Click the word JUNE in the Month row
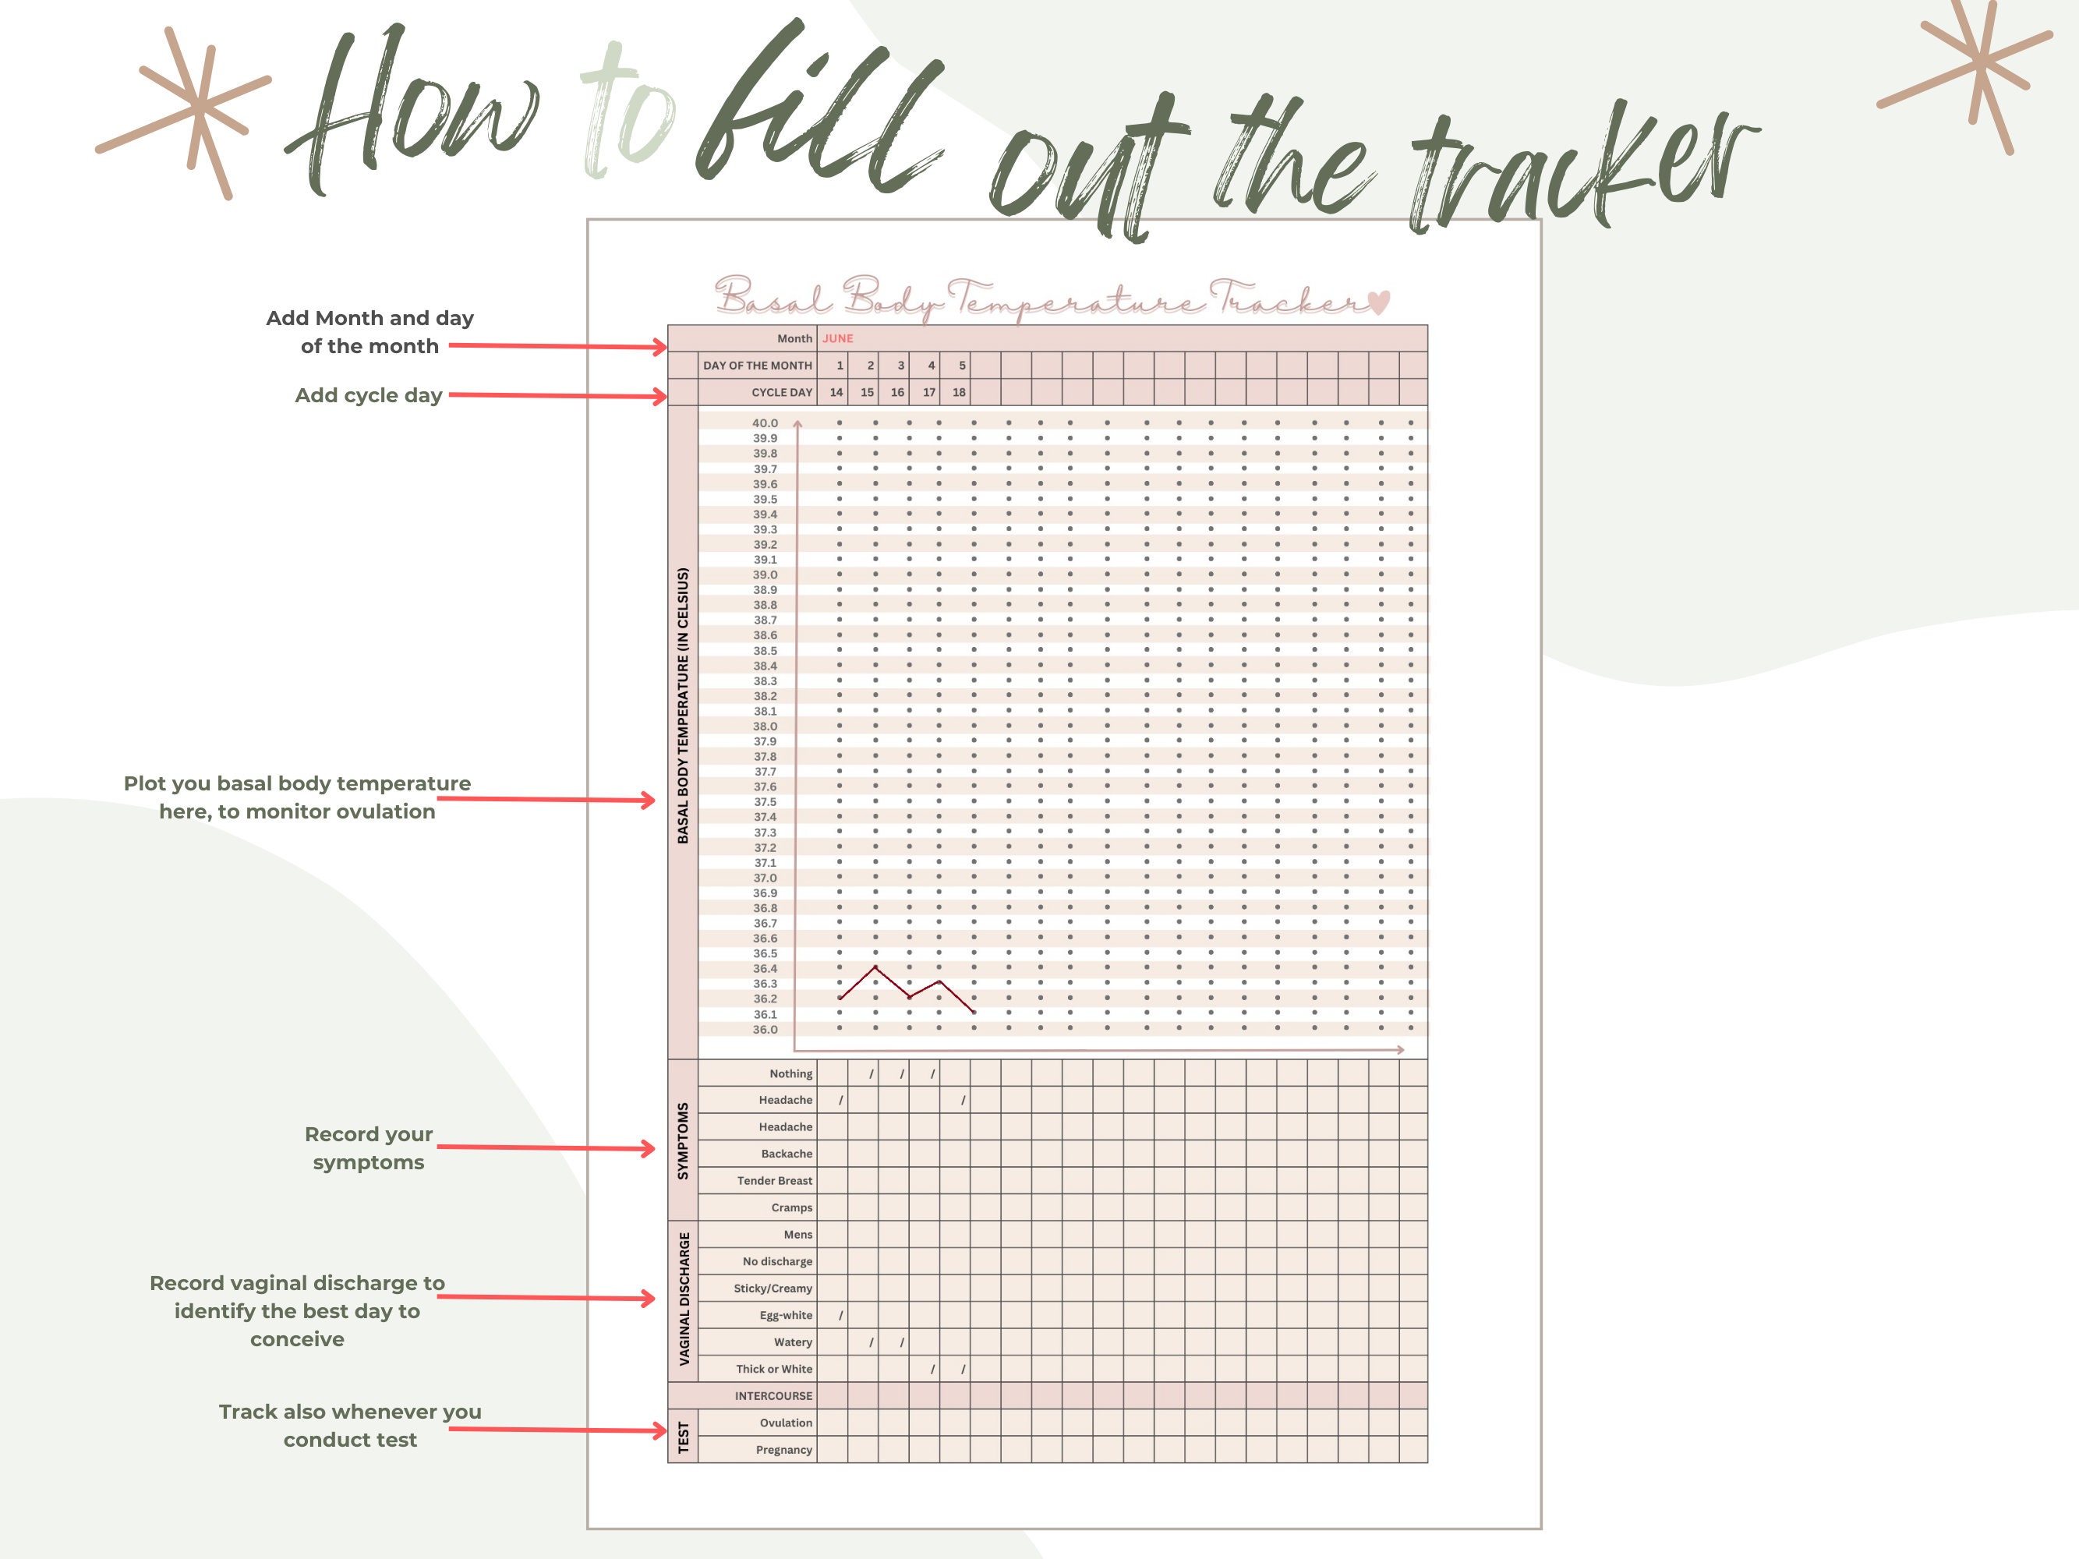tap(837, 338)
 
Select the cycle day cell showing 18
tap(959, 393)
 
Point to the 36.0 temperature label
tap(764, 1030)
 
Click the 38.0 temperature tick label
tap(764, 726)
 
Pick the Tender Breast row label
tap(774, 1181)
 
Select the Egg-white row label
tap(786, 1316)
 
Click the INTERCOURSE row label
tap(773, 1396)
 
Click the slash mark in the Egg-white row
tap(840, 1316)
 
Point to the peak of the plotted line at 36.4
tap(875, 967)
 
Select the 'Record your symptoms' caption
tap(369, 1148)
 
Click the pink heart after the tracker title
tap(1378, 302)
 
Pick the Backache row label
tap(786, 1154)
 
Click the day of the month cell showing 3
tap(900, 366)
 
